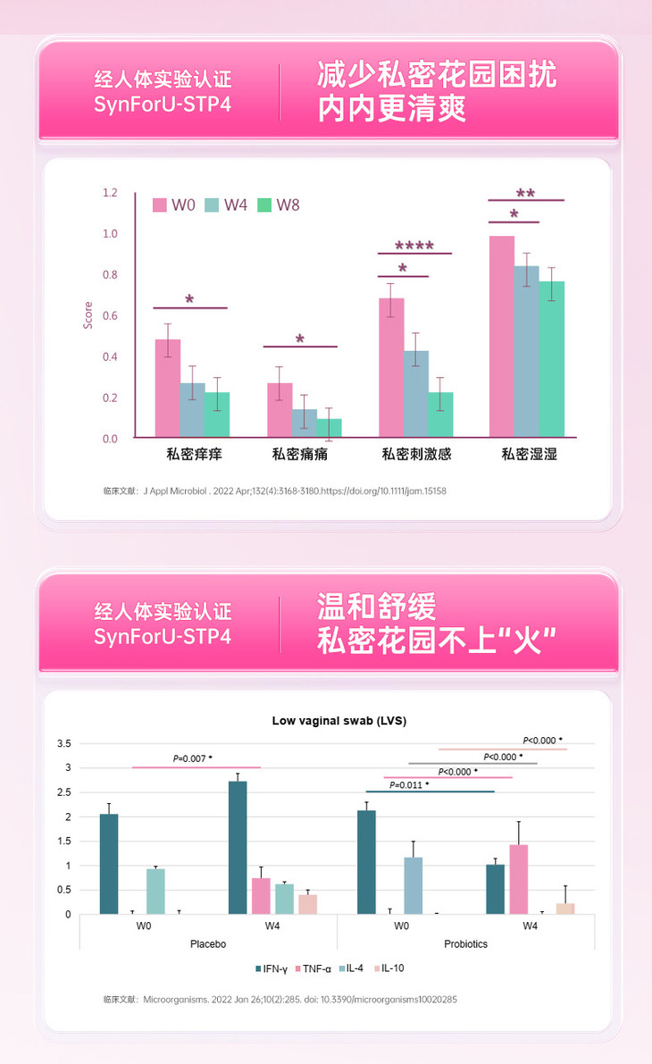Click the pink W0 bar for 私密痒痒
pyautogui.click(x=168, y=389)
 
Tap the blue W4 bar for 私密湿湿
pyautogui.click(x=526, y=351)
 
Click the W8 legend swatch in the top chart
pyautogui.click(x=264, y=205)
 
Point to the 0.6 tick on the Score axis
pyautogui.click(x=110, y=315)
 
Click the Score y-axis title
pyautogui.click(x=88, y=315)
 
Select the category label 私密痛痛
pyautogui.click(x=300, y=455)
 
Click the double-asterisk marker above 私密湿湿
pyautogui.click(x=525, y=192)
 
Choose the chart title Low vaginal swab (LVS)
pyautogui.click(x=339, y=720)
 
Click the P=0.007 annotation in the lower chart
pyautogui.click(x=192, y=759)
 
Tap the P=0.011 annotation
pyautogui.click(x=410, y=784)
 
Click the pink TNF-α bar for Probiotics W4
pyautogui.click(x=518, y=879)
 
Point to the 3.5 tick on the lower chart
pyautogui.click(x=64, y=743)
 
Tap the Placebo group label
pyautogui.click(x=208, y=943)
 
